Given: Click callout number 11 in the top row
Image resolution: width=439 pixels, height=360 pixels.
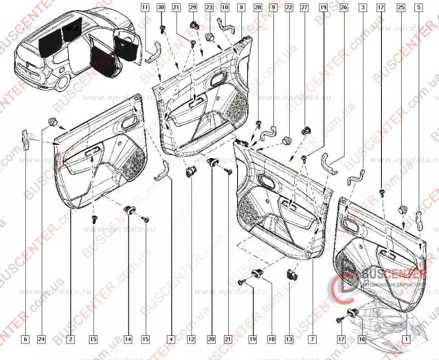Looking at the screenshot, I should coord(144,8).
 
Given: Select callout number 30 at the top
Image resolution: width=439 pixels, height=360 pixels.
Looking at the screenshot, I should coord(161,8).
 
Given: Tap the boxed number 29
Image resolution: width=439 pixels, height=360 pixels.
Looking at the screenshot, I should coord(193,8).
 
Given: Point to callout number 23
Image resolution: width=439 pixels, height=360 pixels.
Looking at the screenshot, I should coord(209,8).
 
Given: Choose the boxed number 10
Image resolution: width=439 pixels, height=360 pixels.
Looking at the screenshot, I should coord(225,8).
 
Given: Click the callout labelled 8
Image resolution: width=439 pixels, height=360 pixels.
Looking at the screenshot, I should coord(241,8).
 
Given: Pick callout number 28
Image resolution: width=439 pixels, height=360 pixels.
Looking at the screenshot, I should coord(257,8).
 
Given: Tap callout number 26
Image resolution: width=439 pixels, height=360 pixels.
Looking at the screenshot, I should coord(344,8).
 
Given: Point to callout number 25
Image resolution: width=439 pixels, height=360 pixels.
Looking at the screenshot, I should coord(401,8).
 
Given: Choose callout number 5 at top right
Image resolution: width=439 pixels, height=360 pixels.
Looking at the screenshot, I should coord(419,8).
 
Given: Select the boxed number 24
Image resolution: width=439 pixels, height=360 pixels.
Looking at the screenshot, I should coord(41,340).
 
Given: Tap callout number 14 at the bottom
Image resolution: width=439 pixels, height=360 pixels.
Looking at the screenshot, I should coord(128,340).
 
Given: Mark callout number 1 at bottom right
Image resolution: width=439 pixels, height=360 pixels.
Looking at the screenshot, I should coord(406,340).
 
